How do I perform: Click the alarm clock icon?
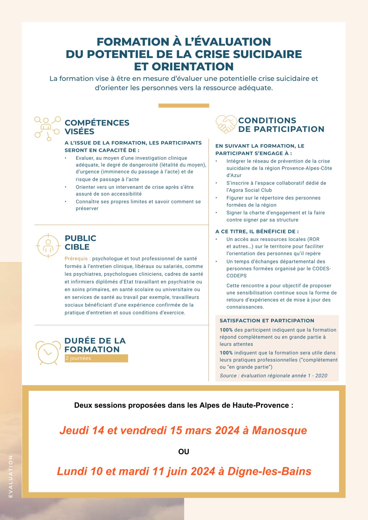(x=48, y=352)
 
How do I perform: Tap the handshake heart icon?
(x=226, y=124)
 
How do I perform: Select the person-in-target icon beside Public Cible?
(x=48, y=246)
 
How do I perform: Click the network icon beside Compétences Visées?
(x=47, y=128)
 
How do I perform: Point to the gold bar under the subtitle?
(x=184, y=106)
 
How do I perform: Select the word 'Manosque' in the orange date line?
(x=279, y=430)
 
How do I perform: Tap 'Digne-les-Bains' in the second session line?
(x=269, y=471)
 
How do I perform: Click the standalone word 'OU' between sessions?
(x=184, y=452)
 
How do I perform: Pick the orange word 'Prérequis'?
(x=76, y=259)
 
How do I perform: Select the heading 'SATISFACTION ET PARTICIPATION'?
(x=267, y=321)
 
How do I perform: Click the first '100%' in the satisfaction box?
(x=226, y=330)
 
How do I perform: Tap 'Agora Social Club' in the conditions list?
(x=249, y=190)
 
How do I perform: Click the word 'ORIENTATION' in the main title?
(x=193, y=67)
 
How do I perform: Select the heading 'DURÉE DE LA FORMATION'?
(x=95, y=345)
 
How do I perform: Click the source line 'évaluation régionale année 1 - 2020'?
(x=284, y=376)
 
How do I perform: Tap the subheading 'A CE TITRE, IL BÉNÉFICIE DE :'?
(x=257, y=231)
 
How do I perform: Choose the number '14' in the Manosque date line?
(x=98, y=430)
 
